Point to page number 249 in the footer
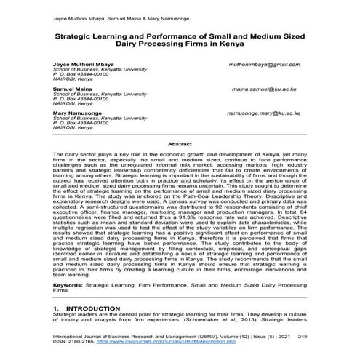pyautogui.click(x=303, y=337)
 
